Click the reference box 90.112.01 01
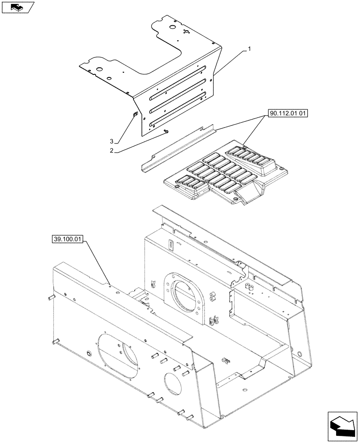point(287,114)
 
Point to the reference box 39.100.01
point(67,240)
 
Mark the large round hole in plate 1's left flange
point(100,69)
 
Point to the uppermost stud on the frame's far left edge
point(50,297)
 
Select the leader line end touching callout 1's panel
point(213,73)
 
